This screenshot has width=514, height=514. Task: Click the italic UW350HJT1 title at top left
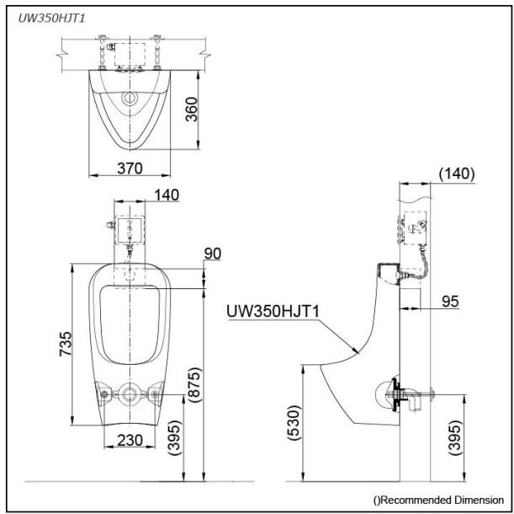point(51,18)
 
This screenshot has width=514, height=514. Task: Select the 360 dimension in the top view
point(192,110)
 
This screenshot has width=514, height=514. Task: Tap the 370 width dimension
point(130,169)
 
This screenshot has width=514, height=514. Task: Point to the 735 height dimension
point(65,344)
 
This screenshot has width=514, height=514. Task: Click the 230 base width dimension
point(130,440)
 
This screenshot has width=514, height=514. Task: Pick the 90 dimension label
point(213,254)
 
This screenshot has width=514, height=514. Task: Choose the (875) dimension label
point(194,384)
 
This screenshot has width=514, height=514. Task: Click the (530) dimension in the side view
point(294,423)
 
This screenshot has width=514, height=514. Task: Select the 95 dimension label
point(450,301)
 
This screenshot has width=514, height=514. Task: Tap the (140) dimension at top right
point(457,174)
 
